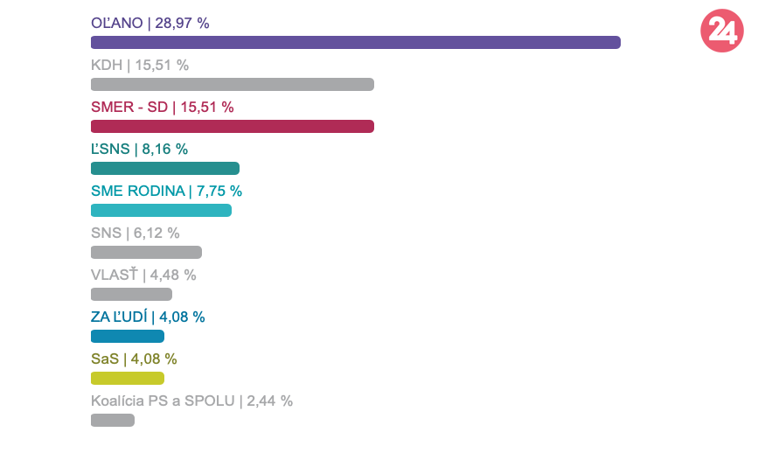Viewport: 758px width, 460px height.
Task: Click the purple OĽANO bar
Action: pos(355,42)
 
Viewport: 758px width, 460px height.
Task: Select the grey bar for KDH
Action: pos(232,84)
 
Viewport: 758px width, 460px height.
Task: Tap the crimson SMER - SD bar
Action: pos(232,126)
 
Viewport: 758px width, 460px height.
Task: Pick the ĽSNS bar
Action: pos(164,168)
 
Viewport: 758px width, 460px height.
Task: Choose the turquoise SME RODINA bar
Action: pos(161,210)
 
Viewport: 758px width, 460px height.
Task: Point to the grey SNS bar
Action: pos(146,252)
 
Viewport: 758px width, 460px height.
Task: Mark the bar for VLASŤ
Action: pos(131,294)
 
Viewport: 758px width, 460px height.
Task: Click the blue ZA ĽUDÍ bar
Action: pos(128,336)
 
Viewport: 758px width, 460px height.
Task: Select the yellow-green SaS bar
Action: pos(128,378)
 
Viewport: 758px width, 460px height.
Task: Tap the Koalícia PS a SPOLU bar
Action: pos(113,420)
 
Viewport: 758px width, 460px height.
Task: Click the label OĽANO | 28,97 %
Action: pos(150,24)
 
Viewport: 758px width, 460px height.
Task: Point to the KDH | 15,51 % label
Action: pos(140,66)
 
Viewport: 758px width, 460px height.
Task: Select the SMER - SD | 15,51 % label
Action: pos(162,108)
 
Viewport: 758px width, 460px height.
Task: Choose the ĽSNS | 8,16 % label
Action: pos(139,150)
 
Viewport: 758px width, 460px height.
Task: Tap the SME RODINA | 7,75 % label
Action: pos(166,192)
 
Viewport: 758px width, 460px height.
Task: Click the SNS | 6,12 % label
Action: pos(135,233)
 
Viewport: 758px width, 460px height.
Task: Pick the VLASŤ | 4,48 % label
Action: pos(143,275)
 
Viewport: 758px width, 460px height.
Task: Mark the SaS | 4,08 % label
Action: pos(134,359)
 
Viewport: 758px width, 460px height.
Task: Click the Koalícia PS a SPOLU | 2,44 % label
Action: pos(191,401)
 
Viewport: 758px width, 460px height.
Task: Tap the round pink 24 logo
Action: pos(722,31)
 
